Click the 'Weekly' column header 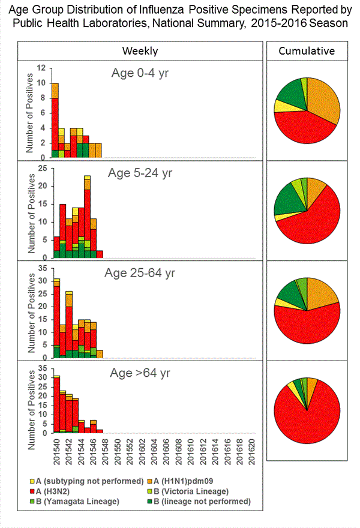140,51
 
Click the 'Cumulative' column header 307,51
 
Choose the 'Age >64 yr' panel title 140,373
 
